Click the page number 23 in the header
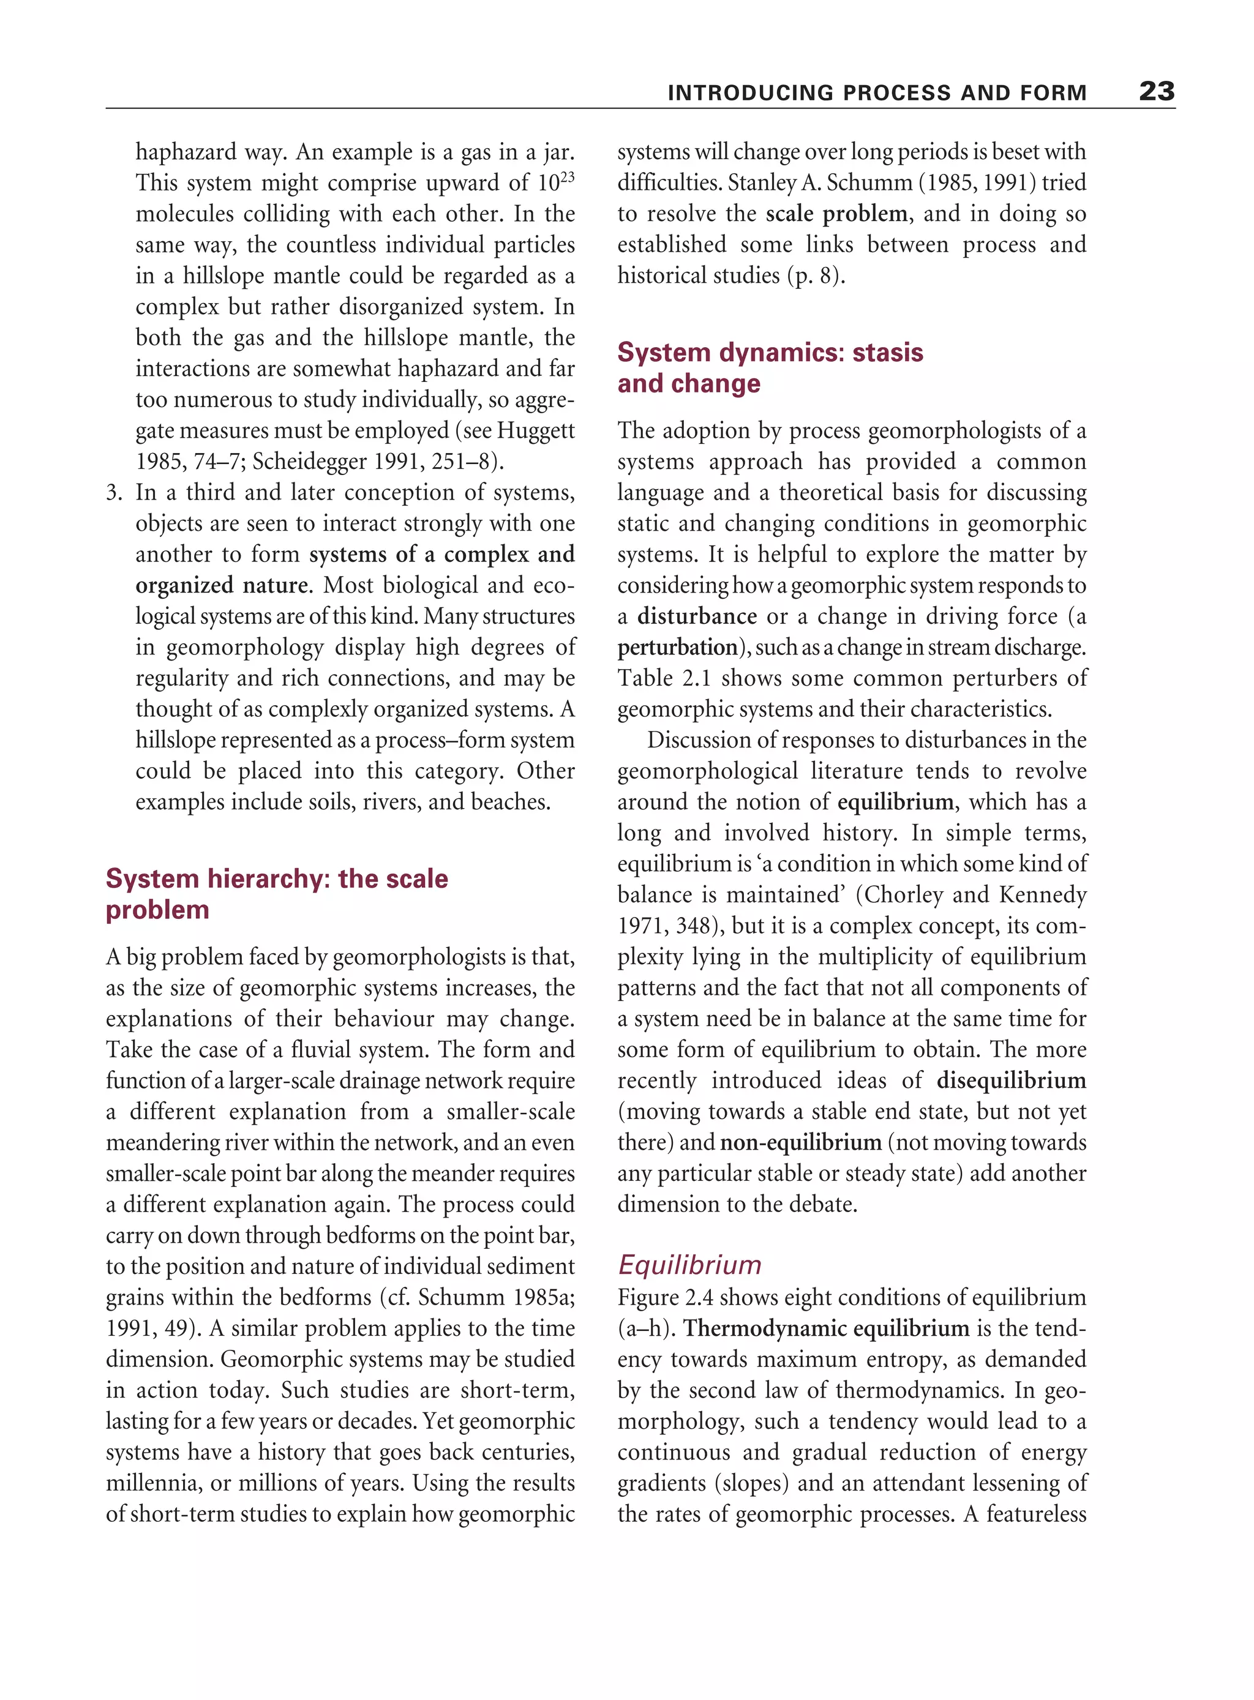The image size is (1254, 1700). [1156, 92]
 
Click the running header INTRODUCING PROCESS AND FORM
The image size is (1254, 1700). [877, 93]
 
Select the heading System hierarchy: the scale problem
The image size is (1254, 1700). [276, 893]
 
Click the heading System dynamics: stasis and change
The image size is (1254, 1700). [770, 367]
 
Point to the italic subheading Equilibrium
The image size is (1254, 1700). [689, 1264]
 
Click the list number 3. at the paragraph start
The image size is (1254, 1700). [114, 493]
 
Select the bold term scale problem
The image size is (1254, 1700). [836, 214]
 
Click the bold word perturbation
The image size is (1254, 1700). [677, 647]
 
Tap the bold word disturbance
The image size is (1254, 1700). [697, 616]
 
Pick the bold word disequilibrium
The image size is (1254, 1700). [1011, 1080]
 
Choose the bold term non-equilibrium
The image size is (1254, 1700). [800, 1142]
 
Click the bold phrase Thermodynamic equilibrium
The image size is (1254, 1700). [826, 1328]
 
